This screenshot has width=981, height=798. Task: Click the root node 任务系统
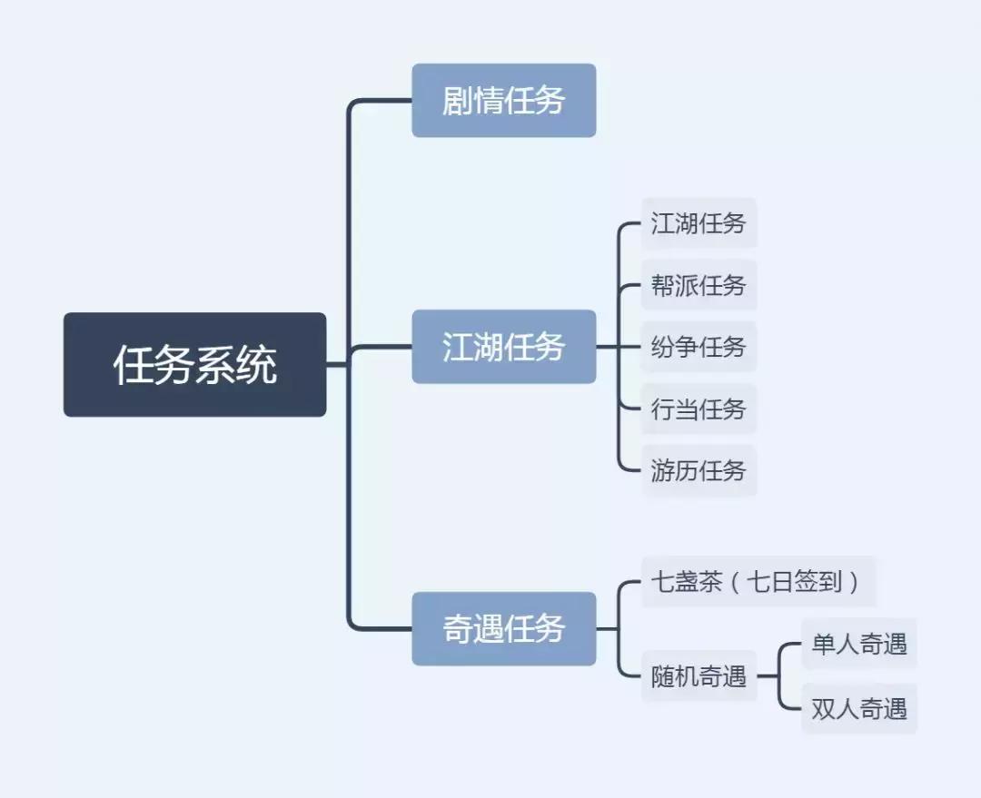(x=194, y=364)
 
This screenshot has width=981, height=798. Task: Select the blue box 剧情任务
(x=503, y=100)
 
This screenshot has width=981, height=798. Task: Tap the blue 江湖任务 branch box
(x=503, y=346)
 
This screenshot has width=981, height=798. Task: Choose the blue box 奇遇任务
(x=503, y=628)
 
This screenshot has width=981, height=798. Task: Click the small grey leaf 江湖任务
(x=698, y=223)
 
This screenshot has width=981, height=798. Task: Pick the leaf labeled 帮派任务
(x=698, y=285)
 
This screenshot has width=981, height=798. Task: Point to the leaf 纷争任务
(x=698, y=347)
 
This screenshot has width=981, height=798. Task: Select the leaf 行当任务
(x=698, y=409)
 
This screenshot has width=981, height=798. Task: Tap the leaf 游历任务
(x=698, y=470)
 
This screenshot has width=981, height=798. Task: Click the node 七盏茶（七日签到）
(x=758, y=581)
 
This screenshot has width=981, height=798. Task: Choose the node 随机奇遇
(x=698, y=675)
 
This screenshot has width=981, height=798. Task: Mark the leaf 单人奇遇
(x=858, y=644)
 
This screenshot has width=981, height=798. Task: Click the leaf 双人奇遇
(x=858, y=708)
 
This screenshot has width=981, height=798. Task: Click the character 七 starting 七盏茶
(x=661, y=581)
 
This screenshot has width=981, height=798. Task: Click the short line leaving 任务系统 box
(x=336, y=364)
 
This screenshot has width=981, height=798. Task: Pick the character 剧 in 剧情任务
(x=457, y=100)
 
